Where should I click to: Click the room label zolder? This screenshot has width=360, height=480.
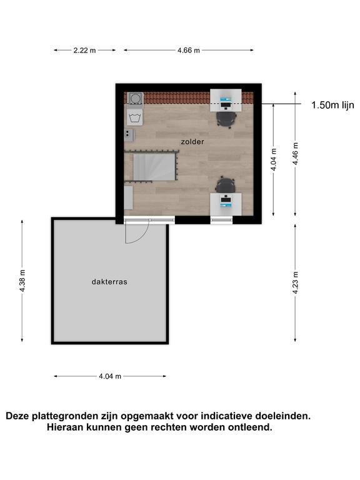coord(192,142)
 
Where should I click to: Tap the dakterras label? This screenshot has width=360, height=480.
coord(109,282)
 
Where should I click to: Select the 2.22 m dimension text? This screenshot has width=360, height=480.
coord(84,50)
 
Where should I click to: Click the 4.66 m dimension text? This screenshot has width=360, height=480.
coord(189,50)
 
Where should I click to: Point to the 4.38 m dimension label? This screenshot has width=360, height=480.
coord(22,281)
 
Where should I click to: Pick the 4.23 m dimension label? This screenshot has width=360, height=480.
coord(295,282)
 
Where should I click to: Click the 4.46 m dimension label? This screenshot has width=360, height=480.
coord(295,154)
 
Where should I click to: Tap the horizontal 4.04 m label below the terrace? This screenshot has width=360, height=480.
coord(110,376)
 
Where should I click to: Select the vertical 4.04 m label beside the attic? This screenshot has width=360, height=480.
coord(274,159)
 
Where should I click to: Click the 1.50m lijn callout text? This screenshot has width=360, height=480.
coord(332,105)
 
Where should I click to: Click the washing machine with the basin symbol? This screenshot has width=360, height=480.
coord(135,117)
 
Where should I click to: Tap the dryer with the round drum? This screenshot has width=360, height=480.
coord(135,99)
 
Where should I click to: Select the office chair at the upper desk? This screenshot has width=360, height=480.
coord(226,119)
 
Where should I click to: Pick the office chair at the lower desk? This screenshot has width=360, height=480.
coord(226,184)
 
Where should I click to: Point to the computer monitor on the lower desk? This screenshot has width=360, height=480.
coord(226,199)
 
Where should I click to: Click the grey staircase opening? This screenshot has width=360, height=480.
coord(154,167)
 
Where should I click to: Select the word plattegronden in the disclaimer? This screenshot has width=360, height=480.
coord(74,416)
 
